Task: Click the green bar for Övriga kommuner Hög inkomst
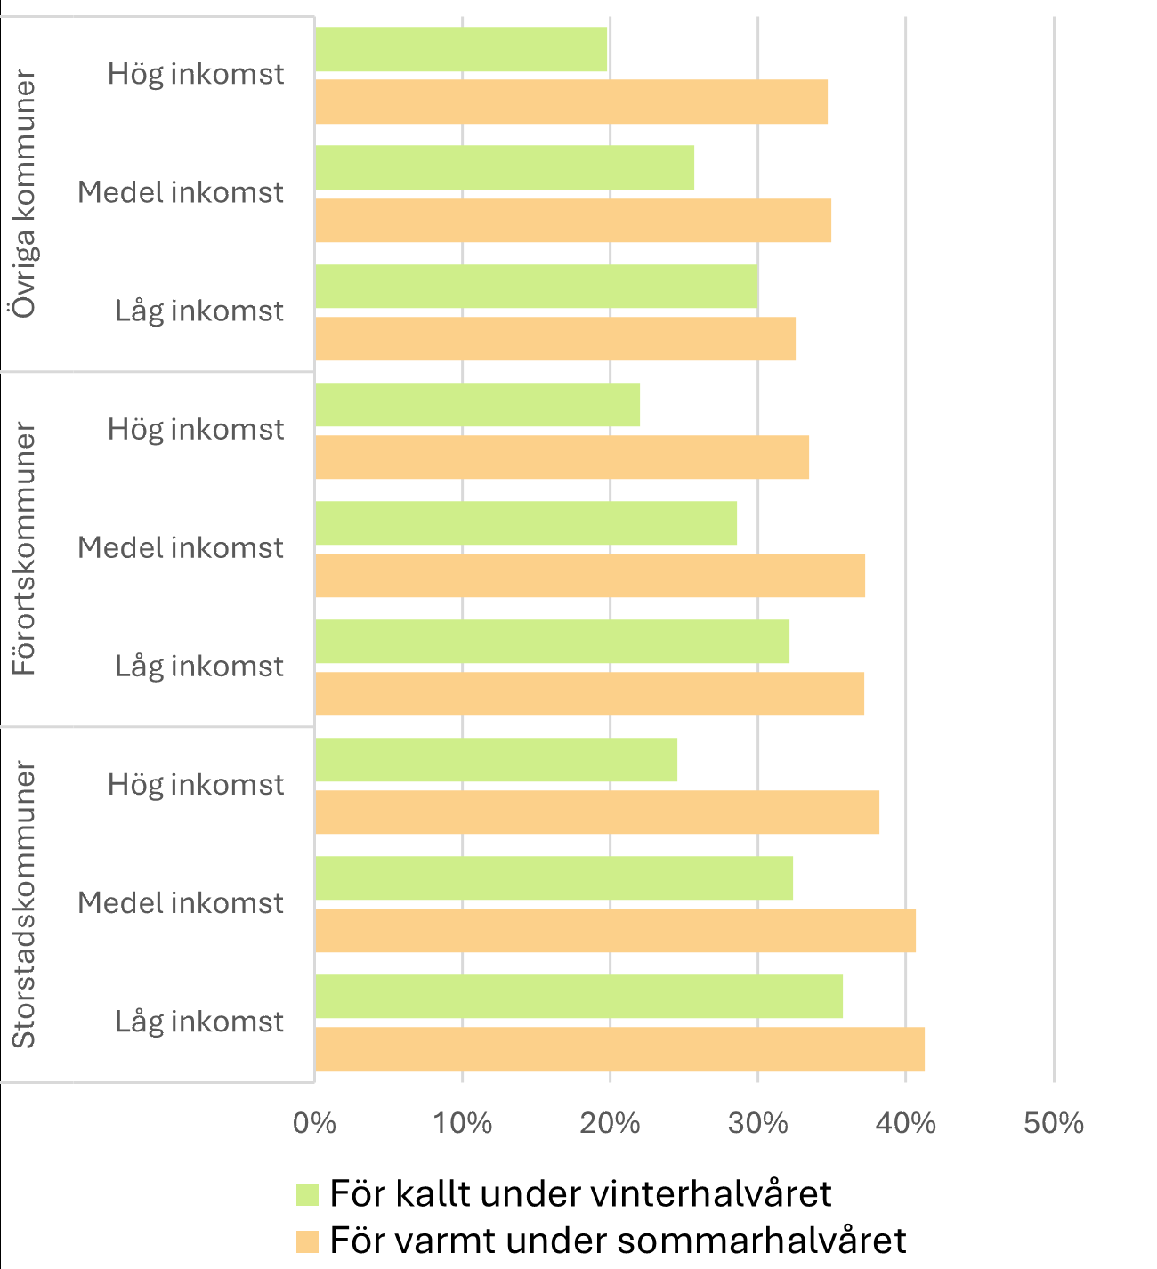[461, 49]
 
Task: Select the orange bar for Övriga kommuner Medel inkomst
[573, 220]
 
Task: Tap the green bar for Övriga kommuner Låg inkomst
[537, 287]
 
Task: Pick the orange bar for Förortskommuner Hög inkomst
[562, 457]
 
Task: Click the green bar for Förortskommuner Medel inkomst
[526, 523]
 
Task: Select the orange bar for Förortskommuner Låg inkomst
[589, 694]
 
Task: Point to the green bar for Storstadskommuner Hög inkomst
[496, 760]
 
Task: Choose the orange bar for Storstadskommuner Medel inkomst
[615, 931]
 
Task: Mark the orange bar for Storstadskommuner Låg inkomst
[619, 1049]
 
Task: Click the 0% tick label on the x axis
[315, 1123]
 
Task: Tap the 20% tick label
[610, 1123]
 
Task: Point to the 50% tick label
[1053, 1123]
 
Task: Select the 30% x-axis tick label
[757, 1123]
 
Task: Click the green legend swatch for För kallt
[307, 1194]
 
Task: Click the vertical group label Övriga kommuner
[25, 194]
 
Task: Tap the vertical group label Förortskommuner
[25, 549]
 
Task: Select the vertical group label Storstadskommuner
[25, 904]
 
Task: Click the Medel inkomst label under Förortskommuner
[181, 548]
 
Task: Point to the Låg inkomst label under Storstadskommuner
[199, 1022]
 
